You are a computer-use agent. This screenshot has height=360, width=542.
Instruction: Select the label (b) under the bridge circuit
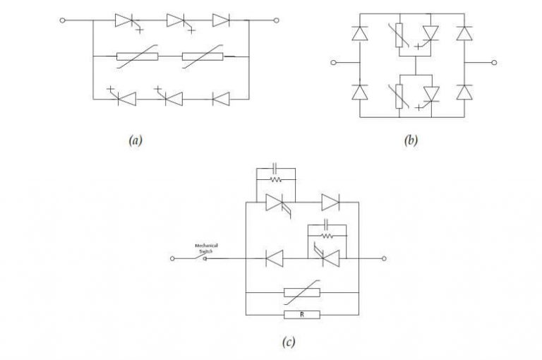pyautogui.click(x=410, y=140)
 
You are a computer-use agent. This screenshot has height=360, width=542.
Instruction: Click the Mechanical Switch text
pyautogui.click(x=207, y=247)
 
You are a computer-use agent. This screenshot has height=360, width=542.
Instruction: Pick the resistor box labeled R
pyautogui.click(x=301, y=315)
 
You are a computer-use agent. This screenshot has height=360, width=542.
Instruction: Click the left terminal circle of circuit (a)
pyautogui.click(x=64, y=20)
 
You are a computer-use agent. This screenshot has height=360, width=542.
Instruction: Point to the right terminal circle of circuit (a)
pyautogui.click(x=276, y=20)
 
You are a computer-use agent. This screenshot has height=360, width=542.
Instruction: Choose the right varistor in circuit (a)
pyautogui.click(x=203, y=59)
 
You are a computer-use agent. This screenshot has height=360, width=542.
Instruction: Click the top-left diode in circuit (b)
pyautogui.click(x=360, y=32)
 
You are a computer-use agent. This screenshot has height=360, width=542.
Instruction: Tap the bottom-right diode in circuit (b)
pyautogui.click(x=463, y=92)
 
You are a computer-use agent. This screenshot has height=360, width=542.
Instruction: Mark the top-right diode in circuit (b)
pyautogui.click(x=463, y=32)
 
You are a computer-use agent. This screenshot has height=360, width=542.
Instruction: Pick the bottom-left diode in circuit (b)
pyautogui.click(x=360, y=92)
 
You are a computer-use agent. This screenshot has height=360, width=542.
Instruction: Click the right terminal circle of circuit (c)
pyautogui.click(x=384, y=259)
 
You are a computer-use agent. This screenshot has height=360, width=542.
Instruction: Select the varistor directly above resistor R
pyautogui.click(x=301, y=291)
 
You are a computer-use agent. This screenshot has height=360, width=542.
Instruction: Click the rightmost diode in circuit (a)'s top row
pyautogui.click(x=221, y=20)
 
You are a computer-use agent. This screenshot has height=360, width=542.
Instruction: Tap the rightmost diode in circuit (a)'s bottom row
pyautogui.click(x=221, y=100)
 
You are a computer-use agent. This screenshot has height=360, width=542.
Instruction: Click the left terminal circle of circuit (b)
pyautogui.click(x=333, y=62)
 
